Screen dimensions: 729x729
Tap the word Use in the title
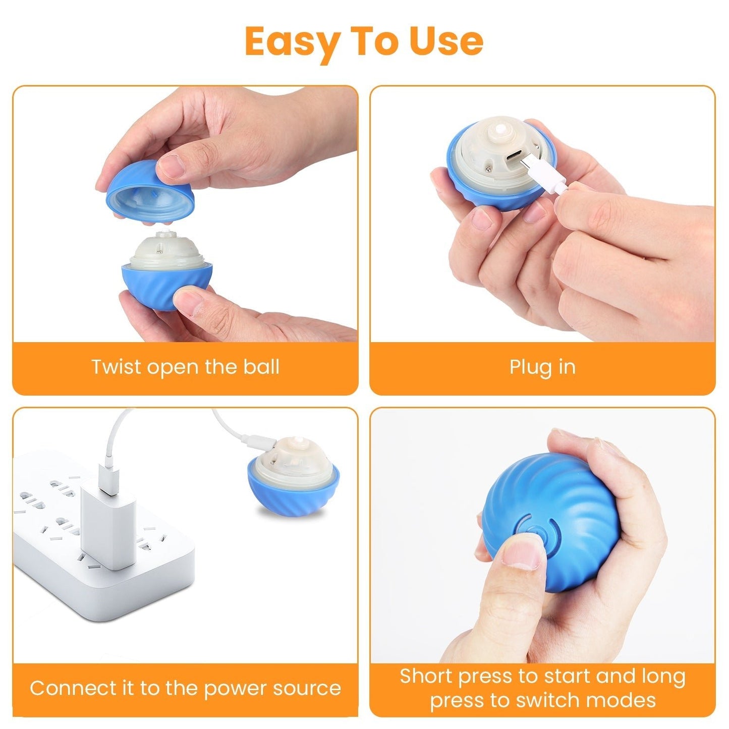point(446,41)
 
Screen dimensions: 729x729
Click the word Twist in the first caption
point(116,367)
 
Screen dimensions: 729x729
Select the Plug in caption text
point(542,367)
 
